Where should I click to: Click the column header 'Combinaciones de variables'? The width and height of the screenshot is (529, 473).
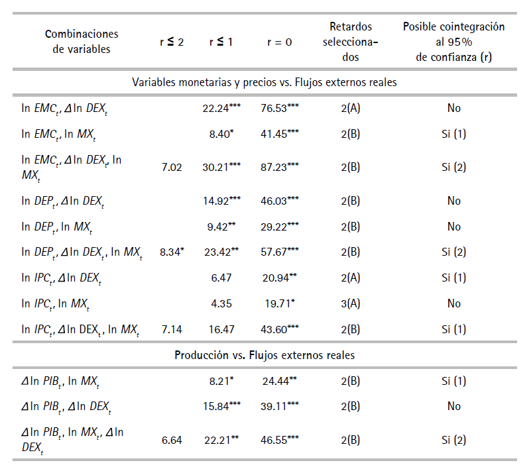point(82,41)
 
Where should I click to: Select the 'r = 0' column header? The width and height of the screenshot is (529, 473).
point(280,42)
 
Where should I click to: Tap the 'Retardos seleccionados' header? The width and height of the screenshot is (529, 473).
point(351,42)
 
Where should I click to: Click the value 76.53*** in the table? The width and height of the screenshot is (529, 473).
point(280,108)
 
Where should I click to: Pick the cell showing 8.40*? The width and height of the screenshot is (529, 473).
point(220,134)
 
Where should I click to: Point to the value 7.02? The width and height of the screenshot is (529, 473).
point(172,168)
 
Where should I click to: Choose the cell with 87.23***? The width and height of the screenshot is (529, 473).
point(280,168)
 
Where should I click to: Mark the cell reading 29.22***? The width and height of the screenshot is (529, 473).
point(280,227)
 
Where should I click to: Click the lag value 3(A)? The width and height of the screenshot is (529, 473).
point(351,303)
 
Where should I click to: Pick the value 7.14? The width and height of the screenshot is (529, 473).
point(172,329)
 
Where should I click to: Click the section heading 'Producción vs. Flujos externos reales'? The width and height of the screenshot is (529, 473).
point(264,355)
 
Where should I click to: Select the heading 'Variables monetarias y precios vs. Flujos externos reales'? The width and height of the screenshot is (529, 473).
point(264,83)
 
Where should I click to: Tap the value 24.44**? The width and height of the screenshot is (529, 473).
point(280,381)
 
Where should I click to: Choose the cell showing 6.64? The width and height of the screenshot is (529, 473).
point(172,440)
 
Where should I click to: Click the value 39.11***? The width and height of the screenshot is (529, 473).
point(280,406)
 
